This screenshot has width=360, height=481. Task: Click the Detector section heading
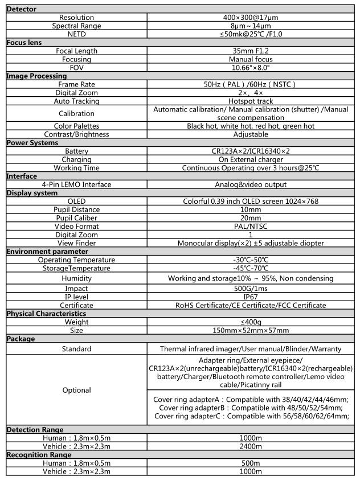click(21, 10)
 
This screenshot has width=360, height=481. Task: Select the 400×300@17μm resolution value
click(250, 18)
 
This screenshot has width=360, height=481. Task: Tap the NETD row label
click(76, 34)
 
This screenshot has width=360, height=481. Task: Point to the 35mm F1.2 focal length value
click(250, 51)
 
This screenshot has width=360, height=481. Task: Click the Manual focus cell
click(250, 59)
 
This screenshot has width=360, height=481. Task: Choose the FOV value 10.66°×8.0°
click(250, 68)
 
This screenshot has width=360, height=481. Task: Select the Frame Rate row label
click(76, 84)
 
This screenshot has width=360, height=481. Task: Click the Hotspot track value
click(250, 101)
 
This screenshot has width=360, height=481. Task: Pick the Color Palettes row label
click(76, 126)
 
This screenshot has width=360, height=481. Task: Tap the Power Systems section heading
click(32, 143)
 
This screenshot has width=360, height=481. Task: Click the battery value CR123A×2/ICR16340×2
click(250, 151)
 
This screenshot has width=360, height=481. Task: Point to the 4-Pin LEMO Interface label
click(76, 184)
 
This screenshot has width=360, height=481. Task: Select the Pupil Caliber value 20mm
click(250, 218)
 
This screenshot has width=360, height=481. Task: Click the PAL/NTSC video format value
click(250, 227)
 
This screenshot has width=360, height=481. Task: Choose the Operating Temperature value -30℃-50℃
click(250, 260)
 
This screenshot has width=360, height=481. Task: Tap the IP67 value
click(250, 297)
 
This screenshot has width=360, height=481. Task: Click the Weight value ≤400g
click(250, 322)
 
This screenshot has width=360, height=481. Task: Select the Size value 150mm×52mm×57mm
click(250, 331)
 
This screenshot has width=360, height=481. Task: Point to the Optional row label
click(76, 390)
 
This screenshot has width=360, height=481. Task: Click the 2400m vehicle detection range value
click(250, 446)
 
